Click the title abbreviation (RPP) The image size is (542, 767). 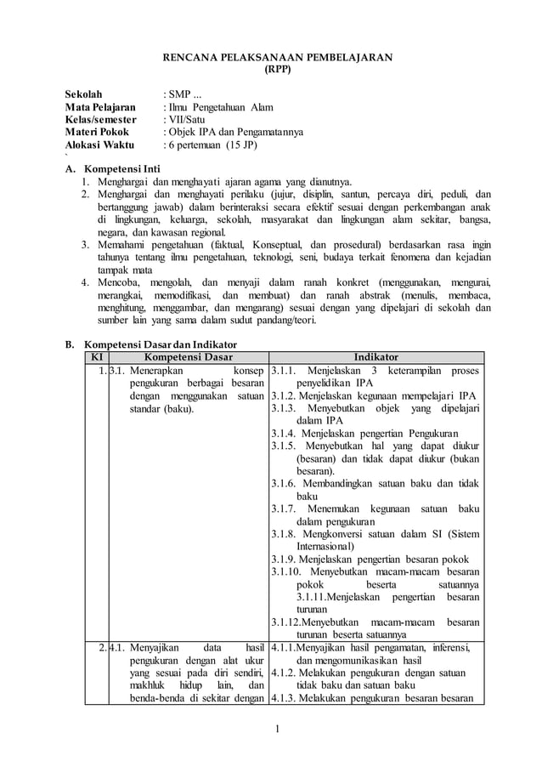point(278,71)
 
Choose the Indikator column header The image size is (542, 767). point(375,356)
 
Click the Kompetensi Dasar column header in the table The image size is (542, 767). point(189,356)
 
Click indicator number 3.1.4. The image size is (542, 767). point(284,433)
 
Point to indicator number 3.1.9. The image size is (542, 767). point(284,560)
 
